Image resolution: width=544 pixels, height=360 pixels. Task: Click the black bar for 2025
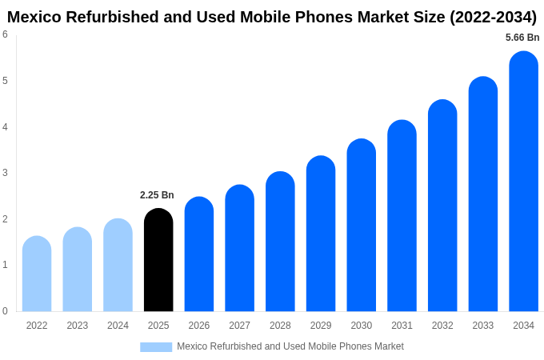pos(158,260)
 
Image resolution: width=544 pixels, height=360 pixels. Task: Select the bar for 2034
pos(523,182)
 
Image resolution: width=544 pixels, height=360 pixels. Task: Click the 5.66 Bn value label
pos(522,38)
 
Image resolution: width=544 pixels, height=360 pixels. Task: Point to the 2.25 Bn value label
pos(157,195)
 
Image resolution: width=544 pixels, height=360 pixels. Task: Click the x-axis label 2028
pos(280,326)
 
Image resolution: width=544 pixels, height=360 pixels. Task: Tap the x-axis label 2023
pos(78,326)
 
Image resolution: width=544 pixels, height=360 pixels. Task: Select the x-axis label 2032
pos(442,326)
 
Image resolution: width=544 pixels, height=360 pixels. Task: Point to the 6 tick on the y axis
pos(5,34)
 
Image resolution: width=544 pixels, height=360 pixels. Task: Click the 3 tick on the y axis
pos(5,173)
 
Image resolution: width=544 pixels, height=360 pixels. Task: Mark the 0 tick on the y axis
pos(5,311)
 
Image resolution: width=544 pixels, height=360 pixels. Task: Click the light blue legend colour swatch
pos(156,347)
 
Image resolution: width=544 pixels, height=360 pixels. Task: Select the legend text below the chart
pos(290,346)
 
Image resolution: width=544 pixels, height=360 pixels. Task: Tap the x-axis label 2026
pos(199,326)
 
